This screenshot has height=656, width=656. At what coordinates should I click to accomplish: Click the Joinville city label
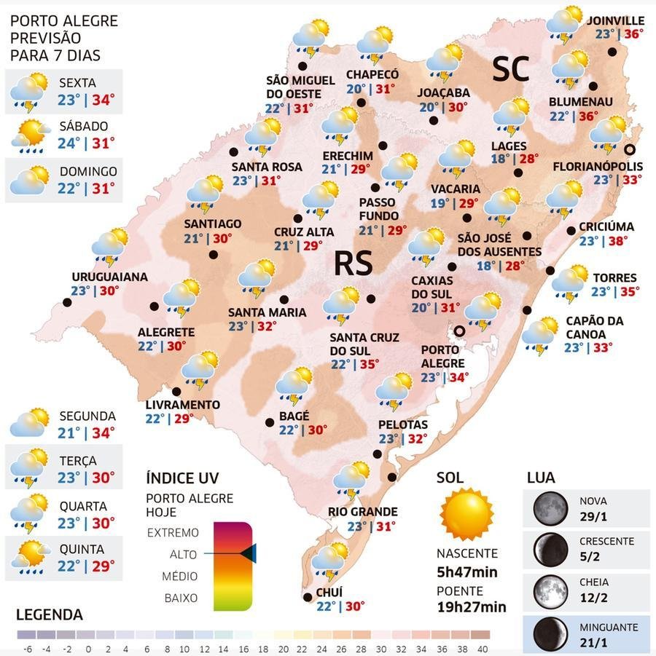(x=615, y=20)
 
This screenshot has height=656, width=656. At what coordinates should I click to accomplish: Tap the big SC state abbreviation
(x=511, y=69)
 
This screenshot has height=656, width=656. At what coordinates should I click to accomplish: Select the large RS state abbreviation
(x=353, y=264)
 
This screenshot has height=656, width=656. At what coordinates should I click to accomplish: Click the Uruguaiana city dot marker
(x=67, y=302)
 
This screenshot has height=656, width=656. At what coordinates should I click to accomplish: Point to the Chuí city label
(x=329, y=592)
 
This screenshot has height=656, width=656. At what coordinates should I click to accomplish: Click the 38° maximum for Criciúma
(x=618, y=241)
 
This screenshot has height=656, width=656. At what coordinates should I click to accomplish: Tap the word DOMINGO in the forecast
(x=88, y=172)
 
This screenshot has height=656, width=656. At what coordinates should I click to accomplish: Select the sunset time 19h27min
(x=472, y=606)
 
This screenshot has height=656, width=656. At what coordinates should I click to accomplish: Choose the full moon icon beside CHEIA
(x=550, y=590)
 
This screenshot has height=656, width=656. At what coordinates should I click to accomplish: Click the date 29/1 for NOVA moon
(x=593, y=517)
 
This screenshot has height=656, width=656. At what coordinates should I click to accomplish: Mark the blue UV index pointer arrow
(x=248, y=553)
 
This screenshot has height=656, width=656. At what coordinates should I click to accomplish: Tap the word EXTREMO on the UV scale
(x=173, y=532)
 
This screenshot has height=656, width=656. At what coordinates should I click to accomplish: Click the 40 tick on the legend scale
(x=482, y=649)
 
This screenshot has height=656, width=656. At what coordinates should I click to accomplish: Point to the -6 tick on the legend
(x=28, y=649)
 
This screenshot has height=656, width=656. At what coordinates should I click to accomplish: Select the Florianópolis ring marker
(x=629, y=149)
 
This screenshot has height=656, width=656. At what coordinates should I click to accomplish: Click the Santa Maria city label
(x=267, y=312)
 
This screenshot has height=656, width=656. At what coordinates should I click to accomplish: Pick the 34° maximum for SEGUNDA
(x=103, y=432)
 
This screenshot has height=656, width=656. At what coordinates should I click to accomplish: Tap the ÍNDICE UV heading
(x=182, y=478)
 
